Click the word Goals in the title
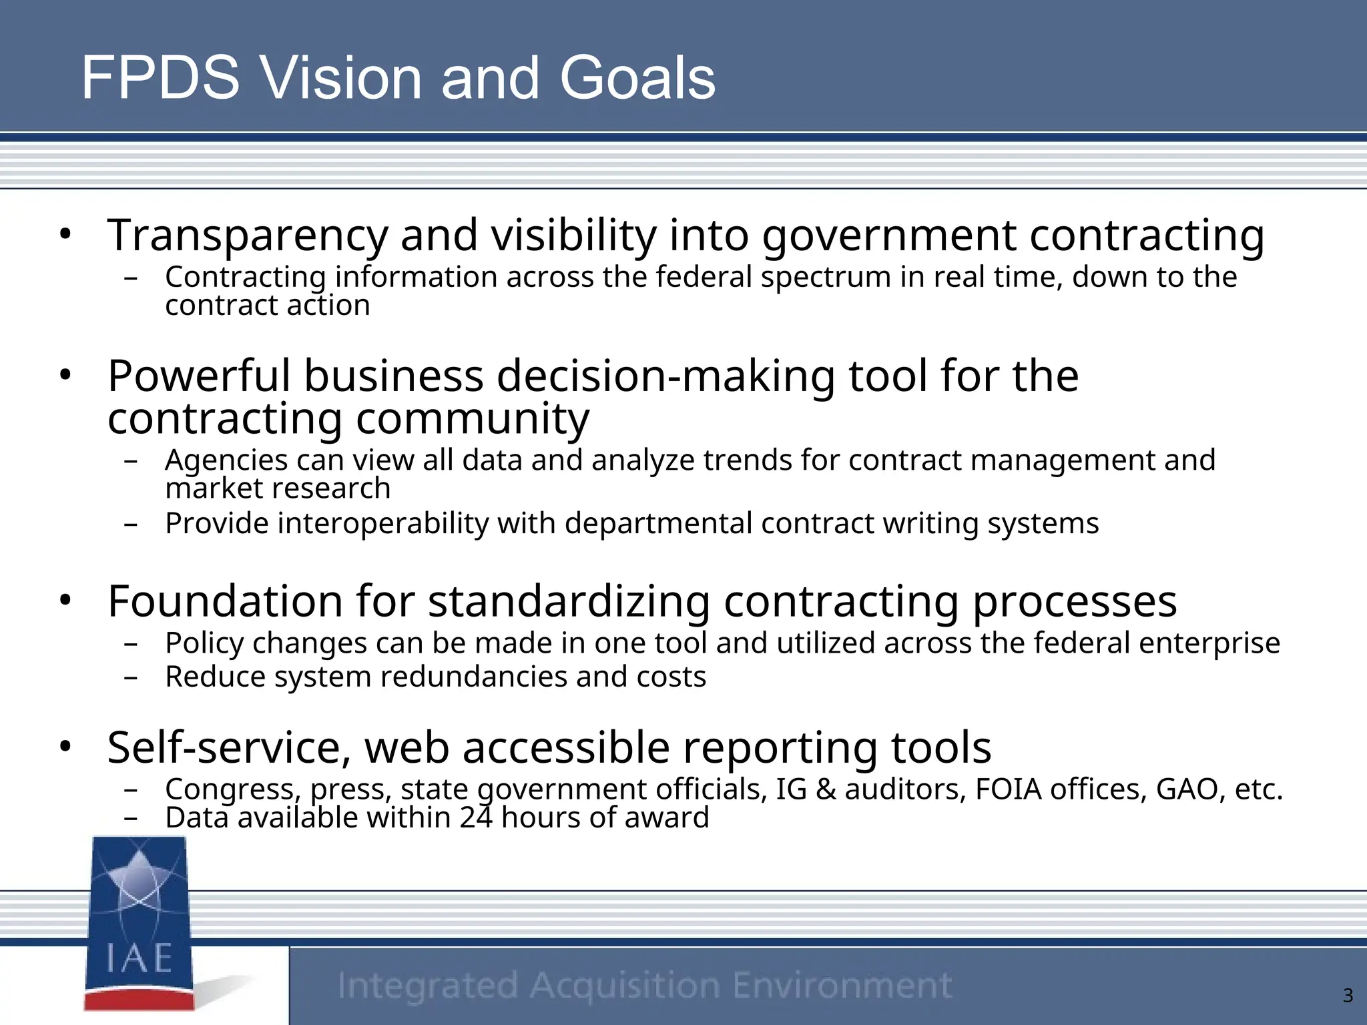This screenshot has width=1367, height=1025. tap(637, 78)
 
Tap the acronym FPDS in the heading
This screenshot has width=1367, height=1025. tap(160, 78)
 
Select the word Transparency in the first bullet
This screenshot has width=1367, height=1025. tap(247, 236)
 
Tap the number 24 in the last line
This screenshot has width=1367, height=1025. tap(476, 817)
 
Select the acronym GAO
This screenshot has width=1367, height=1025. tap(1189, 789)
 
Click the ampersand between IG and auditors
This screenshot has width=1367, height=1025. tap(826, 789)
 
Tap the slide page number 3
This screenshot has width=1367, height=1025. tap(1348, 996)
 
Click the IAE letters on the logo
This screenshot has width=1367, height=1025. tap(140, 958)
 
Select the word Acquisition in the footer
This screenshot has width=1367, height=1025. tap(625, 986)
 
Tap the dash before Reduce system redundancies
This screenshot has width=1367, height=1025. tap(131, 678)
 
